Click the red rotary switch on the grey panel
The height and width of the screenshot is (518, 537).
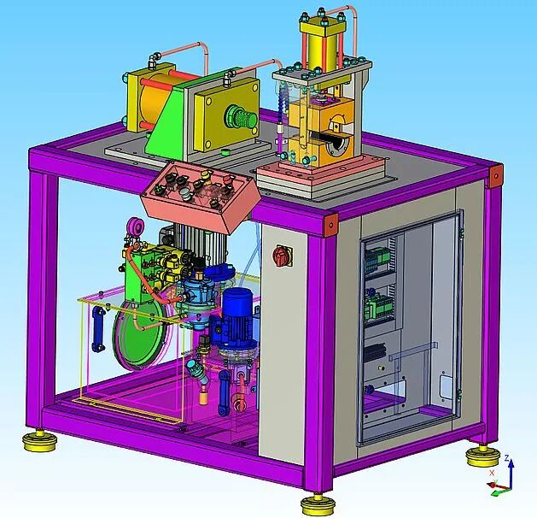point(283,256)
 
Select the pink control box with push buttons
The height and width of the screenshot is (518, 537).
point(200,196)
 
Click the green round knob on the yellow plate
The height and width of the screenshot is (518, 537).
point(241,117)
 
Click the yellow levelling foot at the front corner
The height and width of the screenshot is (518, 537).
point(318,503)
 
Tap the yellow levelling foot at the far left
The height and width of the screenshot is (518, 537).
point(38,441)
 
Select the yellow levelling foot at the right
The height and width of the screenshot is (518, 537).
point(483,456)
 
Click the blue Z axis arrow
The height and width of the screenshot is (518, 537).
point(511,473)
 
